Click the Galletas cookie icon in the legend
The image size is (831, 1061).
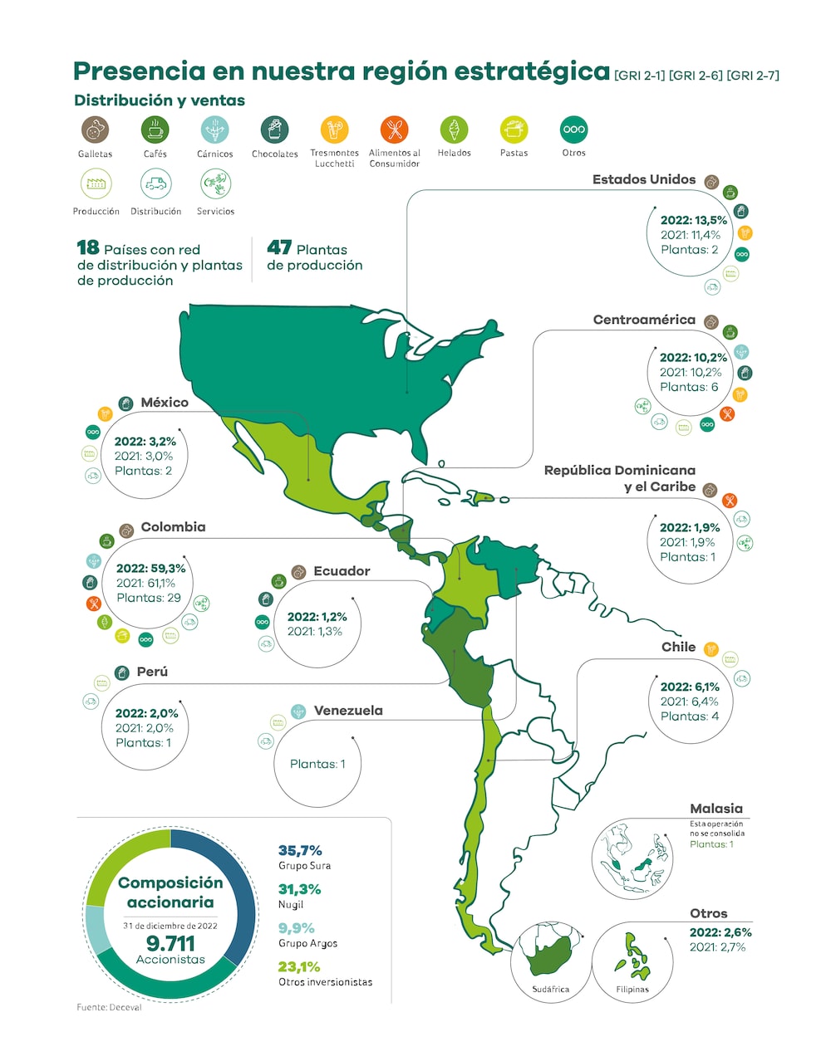click(x=96, y=130)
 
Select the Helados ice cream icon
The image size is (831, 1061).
click(x=454, y=130)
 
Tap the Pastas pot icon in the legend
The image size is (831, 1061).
click(x=514, y=130)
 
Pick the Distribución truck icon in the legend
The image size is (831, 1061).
click(x=155, y=184)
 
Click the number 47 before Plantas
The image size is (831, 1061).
click(x=279, y=247)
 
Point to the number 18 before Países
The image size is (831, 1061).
click(x=88, y=247)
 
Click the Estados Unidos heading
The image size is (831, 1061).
click(x=643, y=179)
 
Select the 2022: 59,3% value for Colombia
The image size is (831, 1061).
click(x=150, y=569)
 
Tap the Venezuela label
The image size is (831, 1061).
click(x=348, y=711)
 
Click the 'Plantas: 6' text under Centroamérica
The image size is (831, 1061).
click(x=689, y=387)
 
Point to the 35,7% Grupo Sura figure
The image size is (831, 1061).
click(x=300, y=850)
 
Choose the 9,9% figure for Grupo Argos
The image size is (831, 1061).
click(x=296, y=928)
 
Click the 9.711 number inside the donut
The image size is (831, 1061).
click(x=170, y=943)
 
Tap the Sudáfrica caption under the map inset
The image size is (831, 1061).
click(x=551, y=989)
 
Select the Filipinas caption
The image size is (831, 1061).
click(x=632, y=989)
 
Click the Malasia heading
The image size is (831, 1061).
click(x=716, y=809)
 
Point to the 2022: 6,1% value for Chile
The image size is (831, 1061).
click(x=690, y=687)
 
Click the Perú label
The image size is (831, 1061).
click(x=152, y=672)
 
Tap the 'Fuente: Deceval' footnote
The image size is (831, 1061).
click(x=110, y=1007)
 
